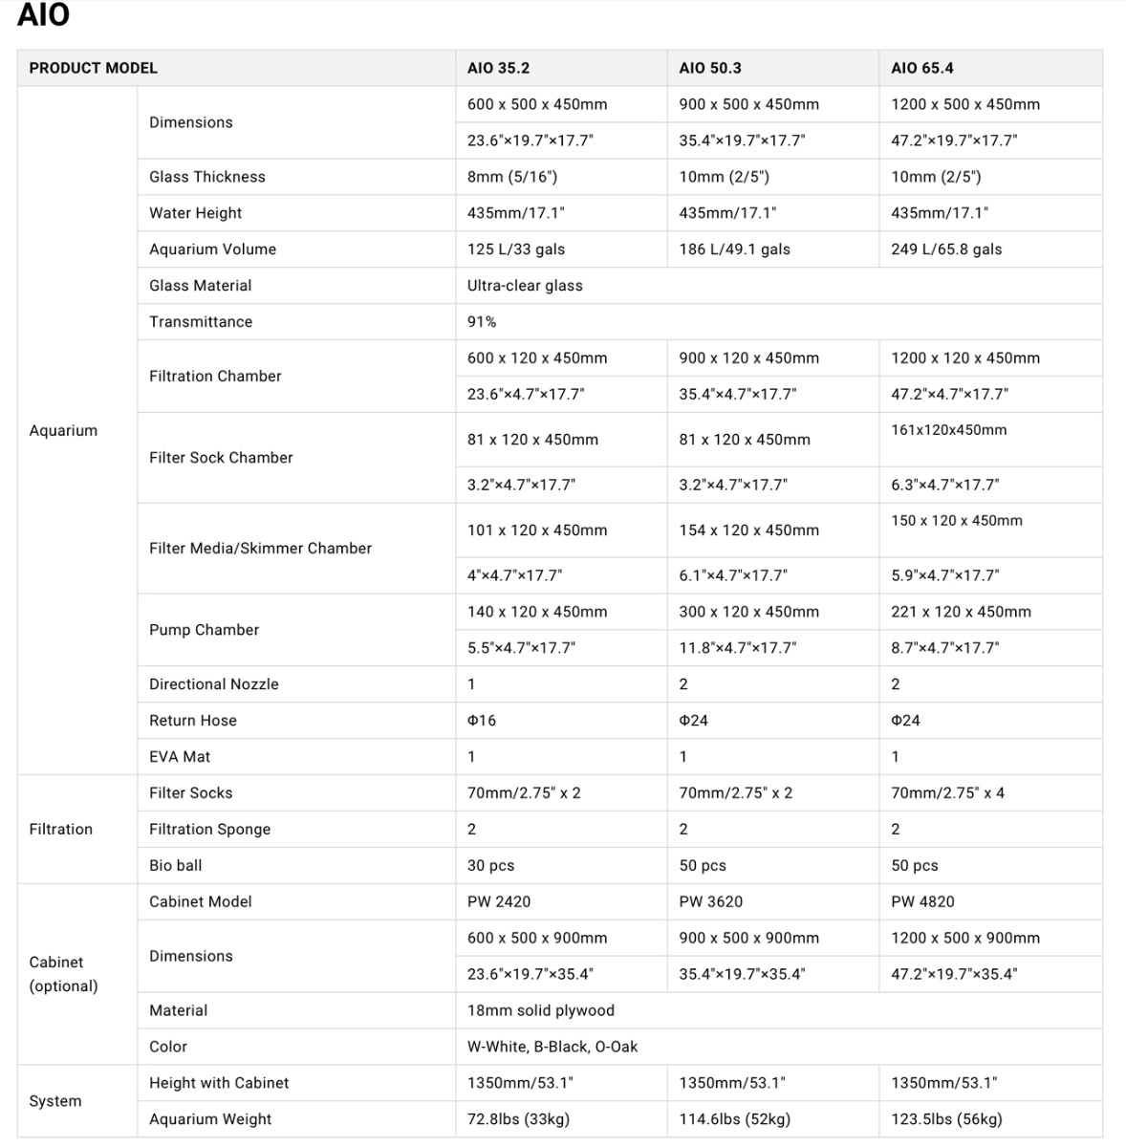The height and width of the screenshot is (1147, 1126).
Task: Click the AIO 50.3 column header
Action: [710, 68]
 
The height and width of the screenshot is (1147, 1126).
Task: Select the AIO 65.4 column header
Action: [921, 68]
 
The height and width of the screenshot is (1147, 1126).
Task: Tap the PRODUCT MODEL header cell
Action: [94, 68]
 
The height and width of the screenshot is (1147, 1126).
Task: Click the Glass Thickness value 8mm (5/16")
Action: [512, 177]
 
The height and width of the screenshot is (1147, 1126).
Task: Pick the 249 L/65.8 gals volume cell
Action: [946, 249]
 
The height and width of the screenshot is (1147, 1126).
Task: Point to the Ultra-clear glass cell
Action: [525, 286]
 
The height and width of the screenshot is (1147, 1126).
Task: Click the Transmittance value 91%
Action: [482, 322]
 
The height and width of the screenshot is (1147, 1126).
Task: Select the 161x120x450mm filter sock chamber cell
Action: [949, 430]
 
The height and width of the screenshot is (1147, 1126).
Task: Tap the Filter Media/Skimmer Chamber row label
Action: [260, 549]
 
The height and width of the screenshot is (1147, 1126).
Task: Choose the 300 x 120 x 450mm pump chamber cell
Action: [749, 612]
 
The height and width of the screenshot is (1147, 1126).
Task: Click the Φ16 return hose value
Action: [482, 721]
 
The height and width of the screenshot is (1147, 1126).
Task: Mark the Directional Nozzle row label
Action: [214, 684]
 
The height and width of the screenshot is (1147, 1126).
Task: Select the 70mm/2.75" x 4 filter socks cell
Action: [947, 793]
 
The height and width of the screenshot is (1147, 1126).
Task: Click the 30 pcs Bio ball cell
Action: [490, 866]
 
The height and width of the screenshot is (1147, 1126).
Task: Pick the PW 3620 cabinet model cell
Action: [710, 902]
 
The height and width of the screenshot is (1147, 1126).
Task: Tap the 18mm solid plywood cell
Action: [541, 1010]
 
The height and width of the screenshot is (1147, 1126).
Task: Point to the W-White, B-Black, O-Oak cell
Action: [552, 1047]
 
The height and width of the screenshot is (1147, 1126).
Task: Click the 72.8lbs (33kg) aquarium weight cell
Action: [518, 1119]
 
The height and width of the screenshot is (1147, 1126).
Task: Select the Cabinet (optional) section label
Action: [63, 974]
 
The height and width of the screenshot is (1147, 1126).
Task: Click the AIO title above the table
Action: [43, 15]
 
